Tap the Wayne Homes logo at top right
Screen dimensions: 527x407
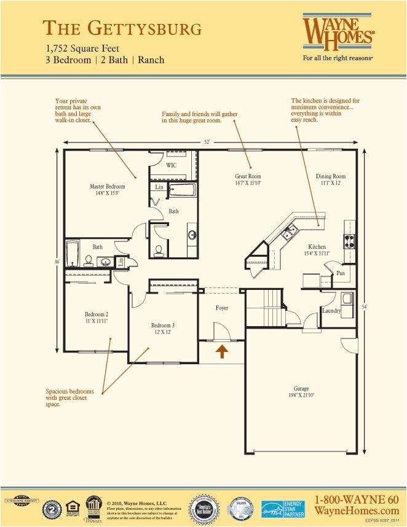coord(338,32)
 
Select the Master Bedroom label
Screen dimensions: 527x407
coord(108,186)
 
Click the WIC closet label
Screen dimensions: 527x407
coord(172,166)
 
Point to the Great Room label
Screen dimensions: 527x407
coord(248,176)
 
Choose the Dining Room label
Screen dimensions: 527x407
coord(331,176)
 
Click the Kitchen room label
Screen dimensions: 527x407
coord(317,247)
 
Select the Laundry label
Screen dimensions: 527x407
coord(331,311)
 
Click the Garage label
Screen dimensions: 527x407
coord(301,388)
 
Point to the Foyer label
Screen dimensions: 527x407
coord(221,308)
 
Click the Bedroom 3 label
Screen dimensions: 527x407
coord(164,326)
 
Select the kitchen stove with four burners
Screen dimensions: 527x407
coord(349,241)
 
